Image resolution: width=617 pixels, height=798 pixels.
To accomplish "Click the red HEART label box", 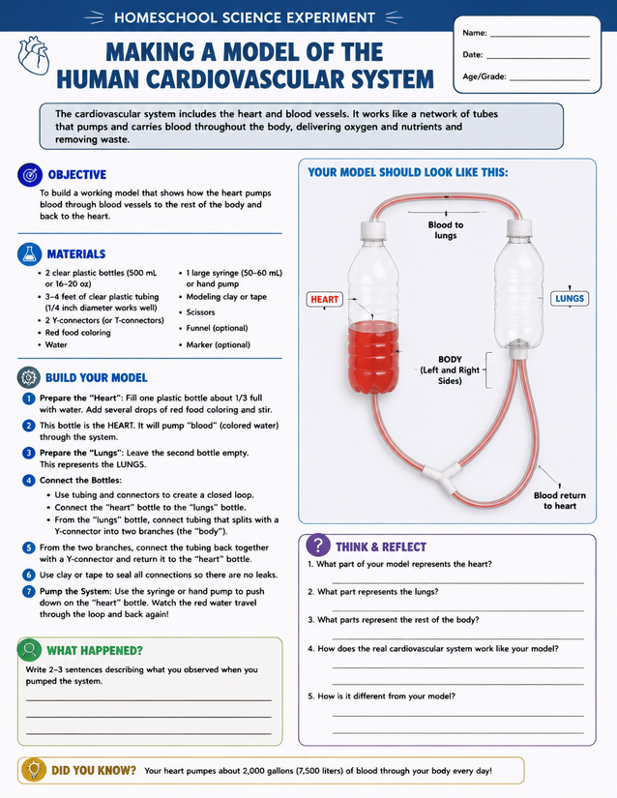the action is point(325,299).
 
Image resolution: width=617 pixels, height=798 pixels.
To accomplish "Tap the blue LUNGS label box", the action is point(570,298).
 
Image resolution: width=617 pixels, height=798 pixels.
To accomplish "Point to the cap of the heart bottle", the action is point(373,229).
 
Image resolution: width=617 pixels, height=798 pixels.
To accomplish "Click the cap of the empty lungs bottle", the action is point(519,227).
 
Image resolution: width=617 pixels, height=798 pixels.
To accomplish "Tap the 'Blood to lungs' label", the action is point(446,230).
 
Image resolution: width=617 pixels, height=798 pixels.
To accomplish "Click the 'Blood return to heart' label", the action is point(560,500).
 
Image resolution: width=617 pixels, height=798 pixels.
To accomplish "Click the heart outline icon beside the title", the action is point(34,55).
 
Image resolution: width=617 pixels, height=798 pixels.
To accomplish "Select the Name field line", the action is point(540,37).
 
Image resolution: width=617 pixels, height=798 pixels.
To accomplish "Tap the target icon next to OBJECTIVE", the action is point(30,174).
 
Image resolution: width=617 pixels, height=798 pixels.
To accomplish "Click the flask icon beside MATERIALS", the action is point(30,254).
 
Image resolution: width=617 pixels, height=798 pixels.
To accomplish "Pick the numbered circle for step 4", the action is point(28,481).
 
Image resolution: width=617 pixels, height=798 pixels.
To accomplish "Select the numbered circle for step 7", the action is point(28,591).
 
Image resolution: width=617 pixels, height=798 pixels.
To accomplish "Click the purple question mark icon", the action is point(318,546).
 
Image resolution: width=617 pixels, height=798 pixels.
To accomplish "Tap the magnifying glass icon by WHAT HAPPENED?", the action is point(30,649).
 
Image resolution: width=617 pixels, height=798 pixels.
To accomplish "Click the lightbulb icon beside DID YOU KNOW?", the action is point(34,770).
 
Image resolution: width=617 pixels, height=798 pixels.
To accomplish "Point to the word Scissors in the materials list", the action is point(200,312).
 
